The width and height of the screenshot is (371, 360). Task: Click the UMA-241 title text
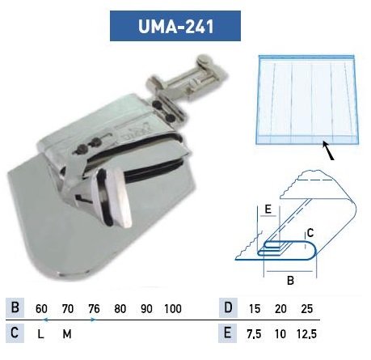pyautogui.click(x=175, y=26)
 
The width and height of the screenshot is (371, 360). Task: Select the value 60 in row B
pyautogui.click(x=41, y=309)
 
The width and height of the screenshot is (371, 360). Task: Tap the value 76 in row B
pyautogui.click(x=94, y=309)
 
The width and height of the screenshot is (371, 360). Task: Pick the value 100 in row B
pyautogui.click(x=173, y=309)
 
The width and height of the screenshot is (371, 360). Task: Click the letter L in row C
pyautogui.click(x=40, y=334)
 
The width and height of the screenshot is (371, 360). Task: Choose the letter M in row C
pyautogui.click(x=67, y=334)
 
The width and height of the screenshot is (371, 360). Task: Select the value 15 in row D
pyautogui.click(x=255, y=309)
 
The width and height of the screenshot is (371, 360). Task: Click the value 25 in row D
pyautogui.click(x=307, y=309)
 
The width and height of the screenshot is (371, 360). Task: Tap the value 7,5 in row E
pyautogui.click(x=254, y=334)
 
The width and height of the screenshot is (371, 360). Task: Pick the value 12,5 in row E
pyautogui.click(x=306, y=334)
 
